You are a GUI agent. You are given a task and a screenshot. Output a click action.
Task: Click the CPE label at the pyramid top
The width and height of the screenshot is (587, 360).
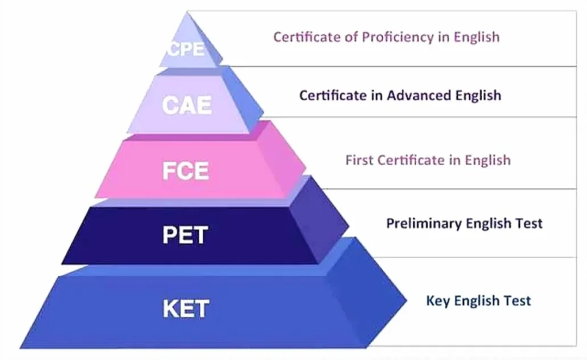(x=186, y=49)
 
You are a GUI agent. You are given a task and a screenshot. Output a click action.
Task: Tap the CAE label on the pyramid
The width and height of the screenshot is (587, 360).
(x=187, y=105)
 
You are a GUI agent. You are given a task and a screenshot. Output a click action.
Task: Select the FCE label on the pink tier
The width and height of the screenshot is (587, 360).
(x=186, y=170)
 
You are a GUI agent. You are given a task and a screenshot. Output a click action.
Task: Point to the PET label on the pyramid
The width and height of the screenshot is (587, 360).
(x=185, y=234)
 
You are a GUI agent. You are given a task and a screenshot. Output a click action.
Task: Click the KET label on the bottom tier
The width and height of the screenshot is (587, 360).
(x=186, y=309)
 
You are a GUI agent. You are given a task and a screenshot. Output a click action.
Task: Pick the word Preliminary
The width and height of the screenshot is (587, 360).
(x=423, y=223)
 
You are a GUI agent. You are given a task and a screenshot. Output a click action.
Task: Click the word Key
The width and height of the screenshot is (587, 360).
(x=438, y=301)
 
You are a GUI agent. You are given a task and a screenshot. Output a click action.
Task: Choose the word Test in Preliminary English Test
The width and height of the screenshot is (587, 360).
(x=529, y=223)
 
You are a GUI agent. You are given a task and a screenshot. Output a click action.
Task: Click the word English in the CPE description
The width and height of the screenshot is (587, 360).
(x=477, y=38)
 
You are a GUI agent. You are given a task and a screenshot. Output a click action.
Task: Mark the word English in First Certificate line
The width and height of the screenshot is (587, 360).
(x=488, y=161)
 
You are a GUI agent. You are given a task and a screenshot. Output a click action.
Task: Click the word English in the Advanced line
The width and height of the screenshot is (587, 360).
(x=478, y=95)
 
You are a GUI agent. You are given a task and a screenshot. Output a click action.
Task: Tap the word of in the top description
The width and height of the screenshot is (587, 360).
(x=351, y=37)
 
